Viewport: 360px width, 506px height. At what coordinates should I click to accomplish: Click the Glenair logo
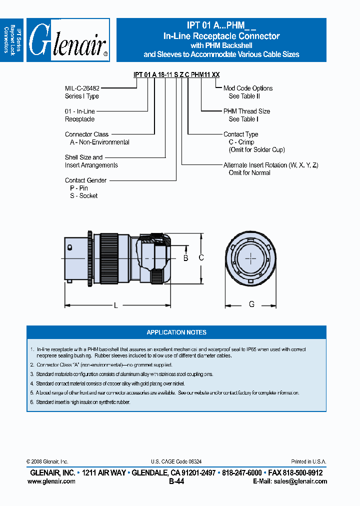(x=68, y=40)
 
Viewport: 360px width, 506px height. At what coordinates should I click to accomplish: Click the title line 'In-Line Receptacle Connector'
(x=221, y=36)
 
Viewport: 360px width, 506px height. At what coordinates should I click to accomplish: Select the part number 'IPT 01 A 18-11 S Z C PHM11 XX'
(x=176, y=74)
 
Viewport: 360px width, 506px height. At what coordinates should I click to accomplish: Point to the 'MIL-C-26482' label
(x=81, y=88)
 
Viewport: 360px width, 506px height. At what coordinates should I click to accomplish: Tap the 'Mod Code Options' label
(x=248, y=88)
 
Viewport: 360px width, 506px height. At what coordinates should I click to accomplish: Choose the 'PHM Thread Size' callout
(x=246, y=111)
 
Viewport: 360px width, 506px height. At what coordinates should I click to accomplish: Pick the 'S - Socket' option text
(x=83, y=196)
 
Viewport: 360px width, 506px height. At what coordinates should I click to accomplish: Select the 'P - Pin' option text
(x=79, y=188)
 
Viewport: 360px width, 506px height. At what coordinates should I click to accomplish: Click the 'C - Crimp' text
(x=241, y=142)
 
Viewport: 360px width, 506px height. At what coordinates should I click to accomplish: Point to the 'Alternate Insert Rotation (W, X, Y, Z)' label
(x=270, y=165)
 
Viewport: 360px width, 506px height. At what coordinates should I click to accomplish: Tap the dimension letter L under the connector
(x=115, y=305)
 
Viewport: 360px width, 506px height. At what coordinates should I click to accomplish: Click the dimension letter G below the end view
(x=251, y=304)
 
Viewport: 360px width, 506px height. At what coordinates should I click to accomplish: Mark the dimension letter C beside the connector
(x=201, y=258)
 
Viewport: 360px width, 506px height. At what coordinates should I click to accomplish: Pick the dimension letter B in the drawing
(x=185, y=258)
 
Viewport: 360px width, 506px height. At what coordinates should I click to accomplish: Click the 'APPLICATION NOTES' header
(x=176, y=332)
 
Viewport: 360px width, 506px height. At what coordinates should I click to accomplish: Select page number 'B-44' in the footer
(x=176, y=481)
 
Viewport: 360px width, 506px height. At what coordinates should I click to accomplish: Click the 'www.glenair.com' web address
(x=51, y=481)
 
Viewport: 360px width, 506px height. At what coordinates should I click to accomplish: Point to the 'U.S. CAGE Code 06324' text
(x=176, y=462)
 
